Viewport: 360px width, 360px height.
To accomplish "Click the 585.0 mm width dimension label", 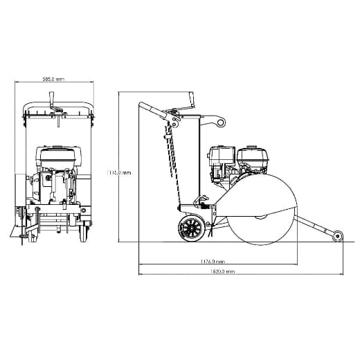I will pyautogui.click(x=53, y=80).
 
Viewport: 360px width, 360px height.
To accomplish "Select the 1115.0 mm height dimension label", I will pyautogui.click(x=119, y=172).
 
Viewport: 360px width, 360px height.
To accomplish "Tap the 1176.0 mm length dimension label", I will pyautogui.click(x=212, y=261).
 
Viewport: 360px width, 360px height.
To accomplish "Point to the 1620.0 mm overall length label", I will pyautogui.click(x=222, y=271).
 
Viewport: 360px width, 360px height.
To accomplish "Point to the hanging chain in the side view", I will pyautogui.click(x=167, y=149).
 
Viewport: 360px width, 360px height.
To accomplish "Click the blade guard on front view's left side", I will pyautogui.click(x=20, y=208).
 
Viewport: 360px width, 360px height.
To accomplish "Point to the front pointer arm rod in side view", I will pyautogui.click(x=316, y=223).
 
